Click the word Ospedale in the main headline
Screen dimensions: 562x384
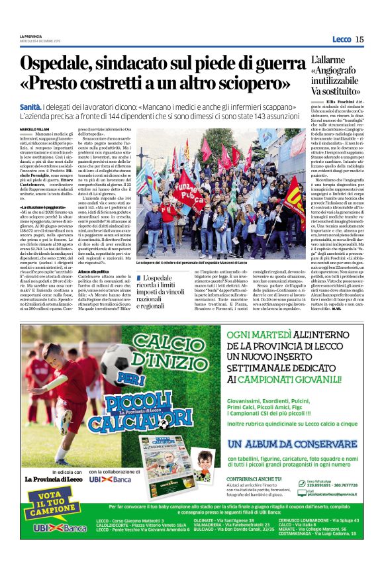click(x=64, y=65)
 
